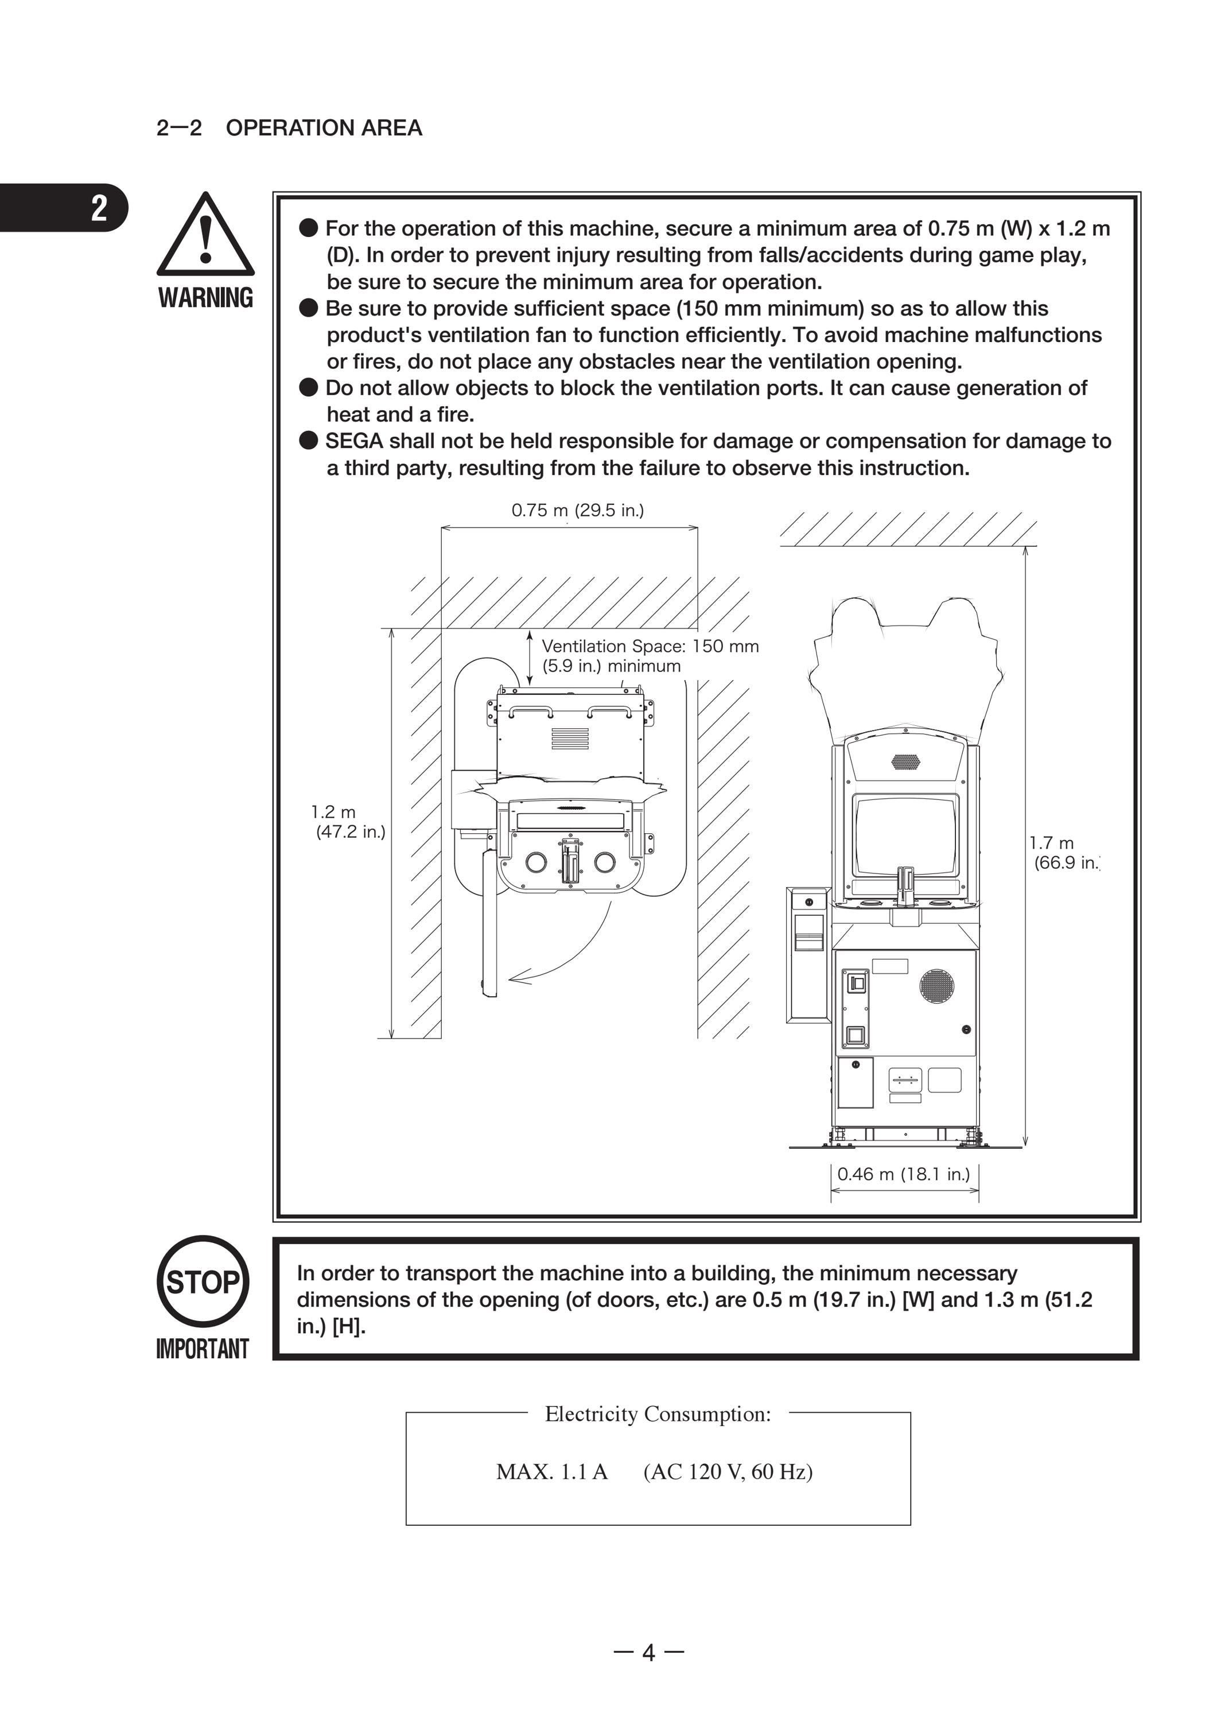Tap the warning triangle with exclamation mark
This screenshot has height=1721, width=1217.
(x=205, y=235)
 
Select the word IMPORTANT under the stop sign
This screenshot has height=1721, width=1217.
(x=203, y=1349)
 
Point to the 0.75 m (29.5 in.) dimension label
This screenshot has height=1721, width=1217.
(x=578, y=511)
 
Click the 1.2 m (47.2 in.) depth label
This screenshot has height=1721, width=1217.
(x=348, y=822)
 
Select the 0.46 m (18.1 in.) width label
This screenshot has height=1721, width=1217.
(x=904, y=1175)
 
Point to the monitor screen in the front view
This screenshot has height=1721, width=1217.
(x=905, y=836)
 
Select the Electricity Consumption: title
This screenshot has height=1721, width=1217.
(x=658, y=1415)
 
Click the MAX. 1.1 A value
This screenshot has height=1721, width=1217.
(x=551, y=1472)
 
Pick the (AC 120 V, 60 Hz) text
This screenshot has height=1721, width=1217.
(x=728, y=1472)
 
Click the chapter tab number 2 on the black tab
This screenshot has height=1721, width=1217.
(x=99, y=208)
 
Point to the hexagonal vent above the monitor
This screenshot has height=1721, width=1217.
(x=905, y=762)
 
